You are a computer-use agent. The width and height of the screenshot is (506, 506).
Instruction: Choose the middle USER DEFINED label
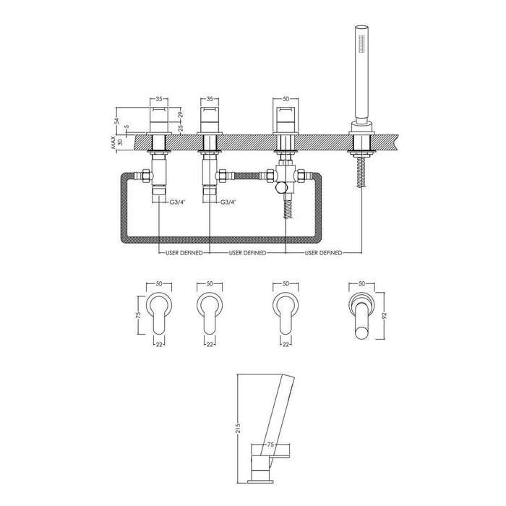(x=248, y=253)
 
